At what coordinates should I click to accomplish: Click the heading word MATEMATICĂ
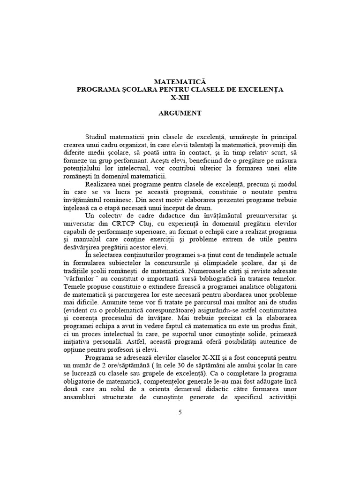pyautogui.click(x=180, y=82)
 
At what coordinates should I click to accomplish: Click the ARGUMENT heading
pyautogui.click(x=180, y=113)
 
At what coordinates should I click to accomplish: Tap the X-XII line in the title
pyautogui.click(x=180, y=98)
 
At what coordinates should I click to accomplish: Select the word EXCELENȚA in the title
pyautogui.click(x=265, y=90)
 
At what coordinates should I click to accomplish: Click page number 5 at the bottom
pyautogui.click(x=180, y=412)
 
